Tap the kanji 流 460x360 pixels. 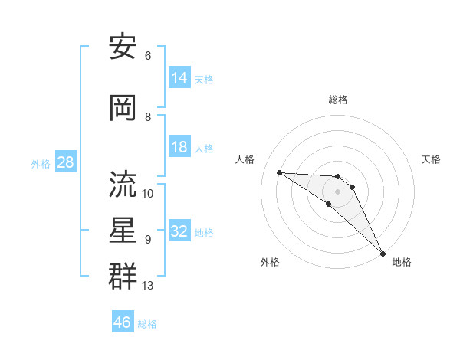click(123, 184)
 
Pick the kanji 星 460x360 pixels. click(123, 230)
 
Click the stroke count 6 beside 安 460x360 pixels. click(148, 56)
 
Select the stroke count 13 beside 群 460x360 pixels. click(148, 286)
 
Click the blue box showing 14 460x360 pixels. click(179, 77)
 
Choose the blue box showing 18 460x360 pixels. click(179, 147)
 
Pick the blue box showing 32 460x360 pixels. click(179, 231)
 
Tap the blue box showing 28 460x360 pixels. click(65, 162)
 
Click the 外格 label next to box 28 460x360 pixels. click(41, 163)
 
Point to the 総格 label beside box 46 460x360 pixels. click(147, 324)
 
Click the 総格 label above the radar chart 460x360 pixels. click(338, 100)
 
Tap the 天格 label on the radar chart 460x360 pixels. click(431, 159)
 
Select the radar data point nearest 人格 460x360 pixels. click(280, 172)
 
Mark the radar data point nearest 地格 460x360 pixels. click(383, 252)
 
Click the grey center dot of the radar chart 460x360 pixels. click(338, 191)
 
